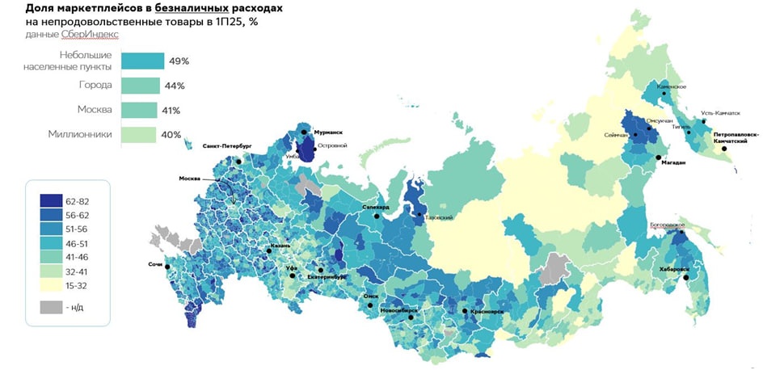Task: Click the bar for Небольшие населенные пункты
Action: point(142,61)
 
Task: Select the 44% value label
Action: point(175,86)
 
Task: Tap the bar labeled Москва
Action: point(139,110)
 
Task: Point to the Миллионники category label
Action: point(82,134)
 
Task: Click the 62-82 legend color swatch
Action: point(51,200)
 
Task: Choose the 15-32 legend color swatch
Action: point(51,284)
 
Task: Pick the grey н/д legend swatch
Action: point(51,307)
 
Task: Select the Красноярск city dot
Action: point(465,310)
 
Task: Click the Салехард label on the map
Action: point(376,208)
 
